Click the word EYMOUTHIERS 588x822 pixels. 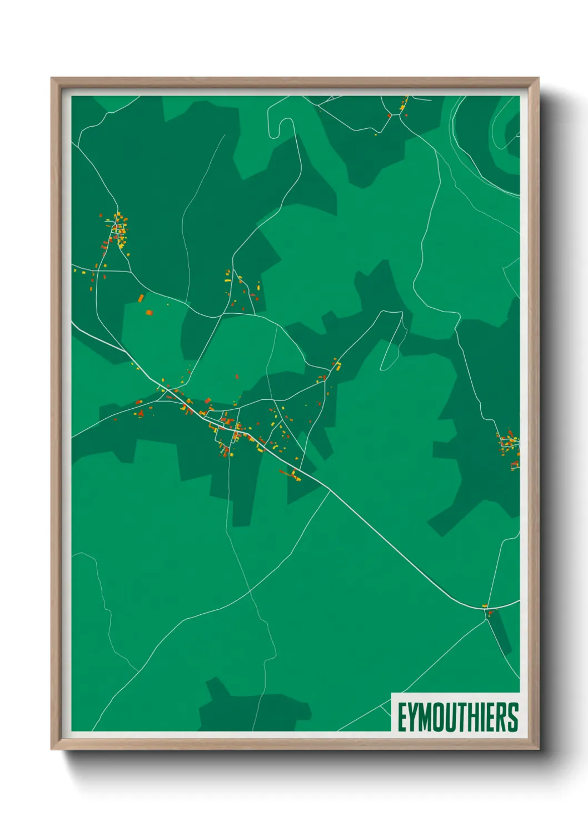click(x=457, y=717)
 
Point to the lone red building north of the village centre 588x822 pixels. click(x=237, y=377)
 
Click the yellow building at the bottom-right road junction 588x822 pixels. click(x=484, y=605)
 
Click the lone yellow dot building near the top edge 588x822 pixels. click(x=376, y=134)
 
